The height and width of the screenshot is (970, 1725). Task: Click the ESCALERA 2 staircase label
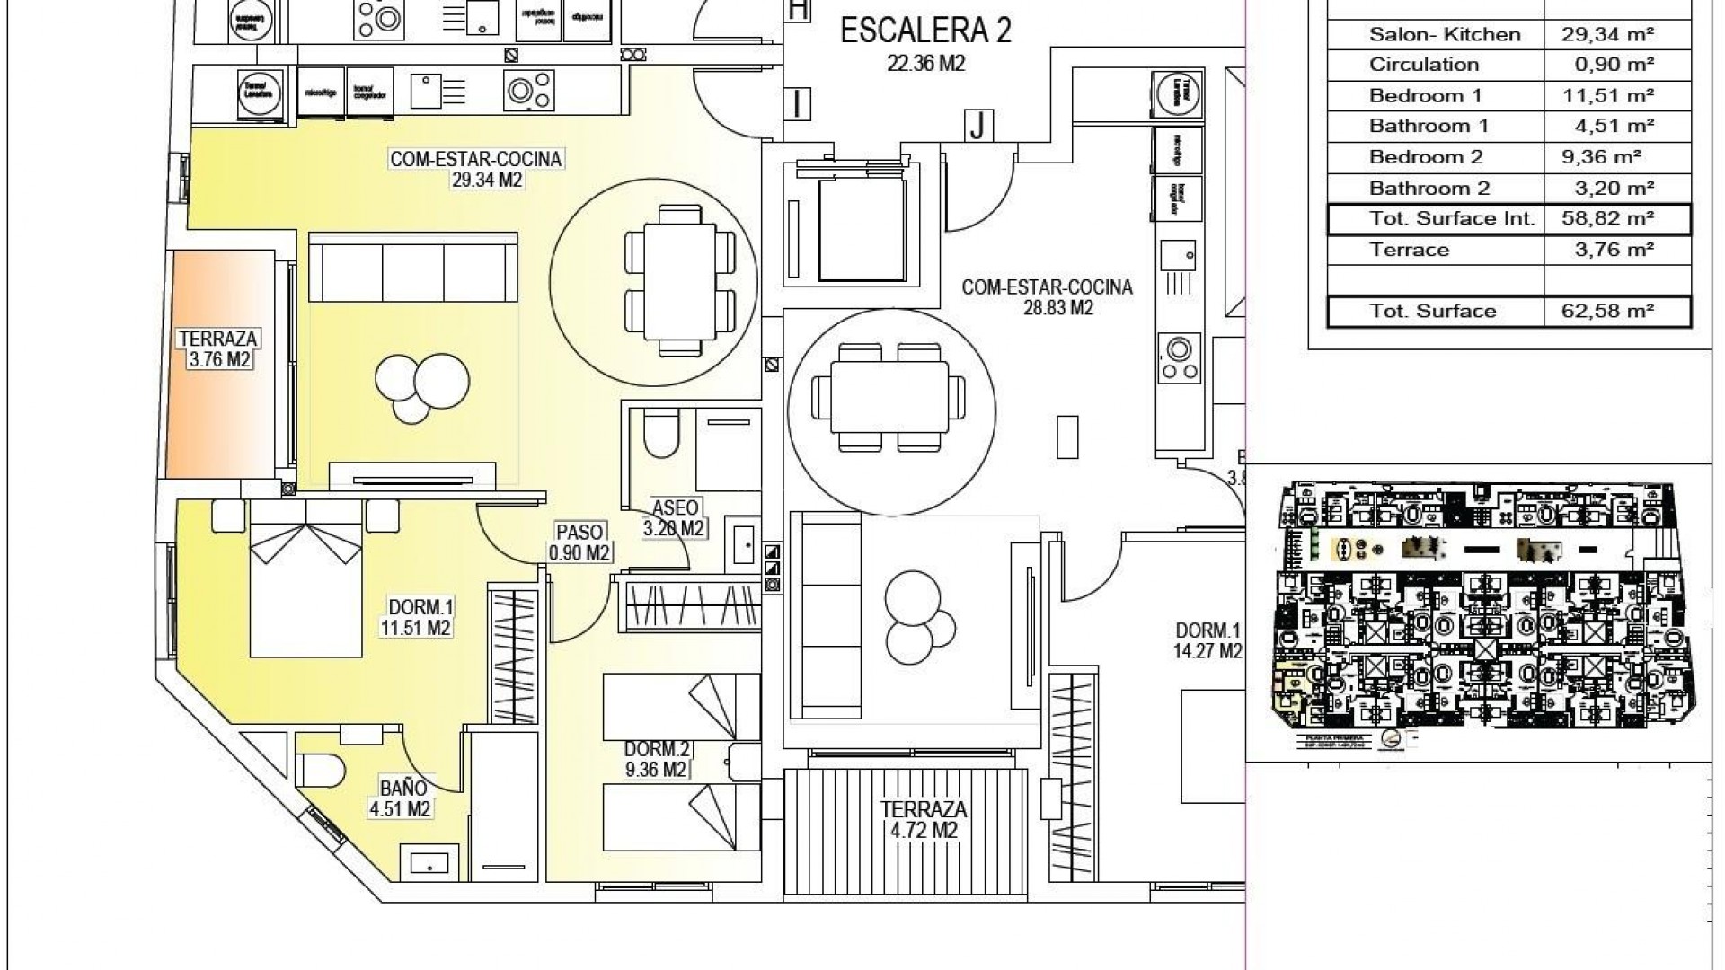pyautogui.click(x=925, y=31)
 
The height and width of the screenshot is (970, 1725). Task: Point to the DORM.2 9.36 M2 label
pyautogui.click(x=657, y=759)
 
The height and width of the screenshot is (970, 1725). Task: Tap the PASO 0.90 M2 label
pyautogui.click(x=579, y=542)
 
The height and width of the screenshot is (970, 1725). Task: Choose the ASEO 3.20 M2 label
pyautogui.click(x=674, y=518)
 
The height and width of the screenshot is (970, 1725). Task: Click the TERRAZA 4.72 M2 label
pyautogui.click(x=924, y=819)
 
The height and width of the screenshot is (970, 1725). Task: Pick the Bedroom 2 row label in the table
pyautogui.click(x=1426, y=157)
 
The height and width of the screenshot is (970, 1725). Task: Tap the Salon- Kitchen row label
pyautogui.click(x=1445, y=35)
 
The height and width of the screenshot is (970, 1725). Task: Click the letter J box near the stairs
pyautogui.click(x=977, y=126)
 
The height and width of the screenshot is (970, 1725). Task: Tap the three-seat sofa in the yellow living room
pyautogui.click(x=412, y=269)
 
